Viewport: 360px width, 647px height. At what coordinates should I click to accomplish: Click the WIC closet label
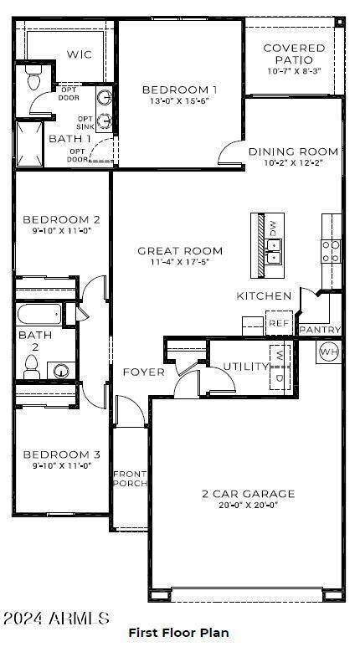coord(80,54)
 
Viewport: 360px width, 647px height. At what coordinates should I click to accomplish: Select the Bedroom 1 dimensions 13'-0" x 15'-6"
coord(179,100)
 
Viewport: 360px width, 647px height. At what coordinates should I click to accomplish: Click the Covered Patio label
coord(294,54)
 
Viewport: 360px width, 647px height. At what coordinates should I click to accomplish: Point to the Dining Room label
coord(294,151)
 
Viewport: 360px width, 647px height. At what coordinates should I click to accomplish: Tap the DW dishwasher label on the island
coord(272,227)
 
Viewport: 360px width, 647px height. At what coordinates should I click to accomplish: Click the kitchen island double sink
coord(273,246)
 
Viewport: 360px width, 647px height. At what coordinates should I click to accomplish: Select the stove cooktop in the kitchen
coord(332,246)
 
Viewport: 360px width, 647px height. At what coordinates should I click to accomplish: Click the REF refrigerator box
coord(277,322)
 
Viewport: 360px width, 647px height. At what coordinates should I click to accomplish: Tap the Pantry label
coord(320,330)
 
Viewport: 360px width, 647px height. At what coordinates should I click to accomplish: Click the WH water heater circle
coord(328,351)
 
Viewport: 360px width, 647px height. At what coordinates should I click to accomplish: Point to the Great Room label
coord(180,250)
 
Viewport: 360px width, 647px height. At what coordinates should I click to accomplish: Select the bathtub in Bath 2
coord(50,316)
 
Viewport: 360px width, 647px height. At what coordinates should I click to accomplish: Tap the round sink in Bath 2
coord(61,371)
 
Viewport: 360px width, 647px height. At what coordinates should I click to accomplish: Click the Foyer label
coord(144,372)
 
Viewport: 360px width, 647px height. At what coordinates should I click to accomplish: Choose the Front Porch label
coord(130,479)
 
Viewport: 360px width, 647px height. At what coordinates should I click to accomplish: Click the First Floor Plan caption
coord(178,633)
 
